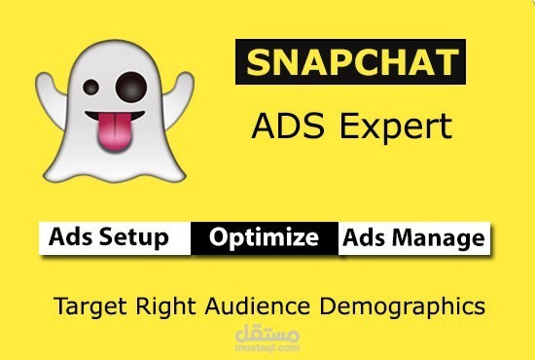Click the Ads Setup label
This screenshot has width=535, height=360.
[x=109, y=237]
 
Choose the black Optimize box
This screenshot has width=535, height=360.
[x=264, y=237]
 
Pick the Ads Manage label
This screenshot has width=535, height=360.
[x=412, y=237]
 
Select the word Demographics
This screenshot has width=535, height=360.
[x=409, y=306]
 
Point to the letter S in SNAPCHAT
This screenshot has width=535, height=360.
[x=258, y=63]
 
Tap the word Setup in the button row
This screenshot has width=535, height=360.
[x=139, y=238]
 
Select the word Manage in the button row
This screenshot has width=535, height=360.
[x=439, y=237]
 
